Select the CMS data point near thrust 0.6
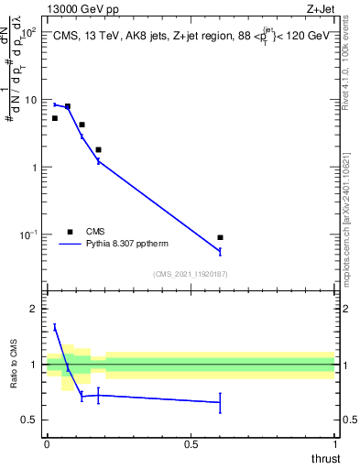point(220,238)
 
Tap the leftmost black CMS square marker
point(55,118)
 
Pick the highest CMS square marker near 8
point(68,106)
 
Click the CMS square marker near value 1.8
point(98,149)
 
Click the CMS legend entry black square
point(70,232)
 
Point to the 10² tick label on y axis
point(27,32)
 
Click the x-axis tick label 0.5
point(191,444)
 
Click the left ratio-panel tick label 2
point(33,309)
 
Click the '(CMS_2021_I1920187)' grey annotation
point(191,273)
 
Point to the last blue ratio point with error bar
point(220,402)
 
